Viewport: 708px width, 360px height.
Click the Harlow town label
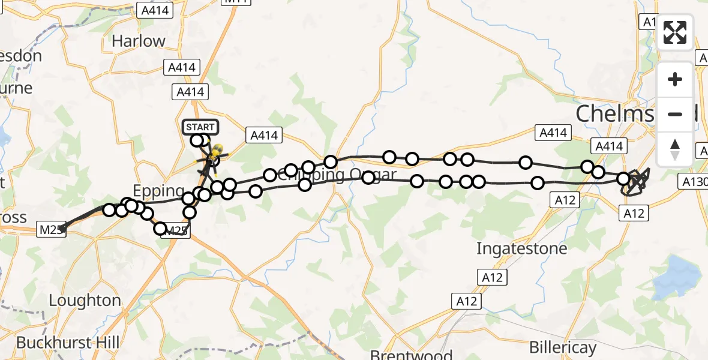[x=138, y=41]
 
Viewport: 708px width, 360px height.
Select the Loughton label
[x=85, y=300]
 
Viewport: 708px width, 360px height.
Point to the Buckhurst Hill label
[x=68, y=343]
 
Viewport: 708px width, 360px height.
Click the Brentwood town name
[x=403, y=353]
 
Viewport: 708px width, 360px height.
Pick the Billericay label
[x=563, y=347]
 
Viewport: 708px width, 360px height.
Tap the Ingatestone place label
[x=521, y=248]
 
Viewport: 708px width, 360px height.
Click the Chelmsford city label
[x=618, y=113]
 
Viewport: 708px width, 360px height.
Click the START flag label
[x=200, y=127]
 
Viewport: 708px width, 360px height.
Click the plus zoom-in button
[x=675, y=79]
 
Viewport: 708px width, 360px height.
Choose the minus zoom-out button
[x=675, y=114]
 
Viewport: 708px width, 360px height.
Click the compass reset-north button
[x=675, y=149]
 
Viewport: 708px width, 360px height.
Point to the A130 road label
[x=694, y=180]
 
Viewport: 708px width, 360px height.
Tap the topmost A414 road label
[x=154, y=10]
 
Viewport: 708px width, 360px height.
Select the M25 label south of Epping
[x=176, y=230]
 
